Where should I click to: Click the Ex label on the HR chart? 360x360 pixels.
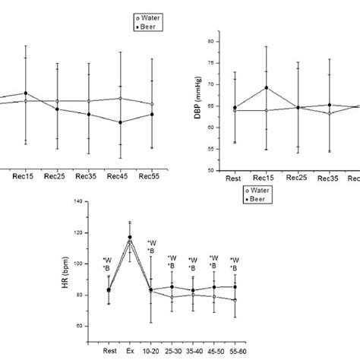point(131,352)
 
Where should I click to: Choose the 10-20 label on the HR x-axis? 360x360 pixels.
point(151,352)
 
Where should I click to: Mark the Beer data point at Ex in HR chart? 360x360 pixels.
point(130,237)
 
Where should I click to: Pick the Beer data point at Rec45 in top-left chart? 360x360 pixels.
point(120,122)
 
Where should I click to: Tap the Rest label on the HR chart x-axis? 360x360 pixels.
point(109,352)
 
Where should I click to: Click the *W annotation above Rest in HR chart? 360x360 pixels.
point(108,260)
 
